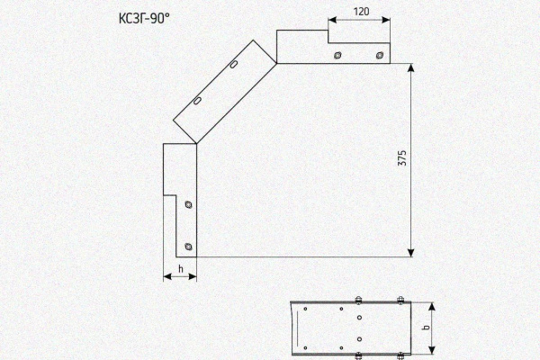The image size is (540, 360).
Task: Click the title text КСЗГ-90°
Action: [x=144, y=18]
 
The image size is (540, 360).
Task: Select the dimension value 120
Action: [x=361, y=12]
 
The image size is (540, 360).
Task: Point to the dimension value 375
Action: [x=402, y=157]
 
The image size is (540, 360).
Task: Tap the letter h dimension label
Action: [x=181, y=269]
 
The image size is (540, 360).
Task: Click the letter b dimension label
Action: [x=427, y=328]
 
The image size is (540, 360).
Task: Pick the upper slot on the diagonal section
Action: [x=234, y=65]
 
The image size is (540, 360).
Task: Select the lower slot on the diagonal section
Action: [x=197, y=101]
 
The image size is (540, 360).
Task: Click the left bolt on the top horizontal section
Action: [x=337, y=55]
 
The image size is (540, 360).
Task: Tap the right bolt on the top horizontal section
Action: [x=380, y=55]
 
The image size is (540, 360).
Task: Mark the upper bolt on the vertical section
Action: [x=188, y=204]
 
